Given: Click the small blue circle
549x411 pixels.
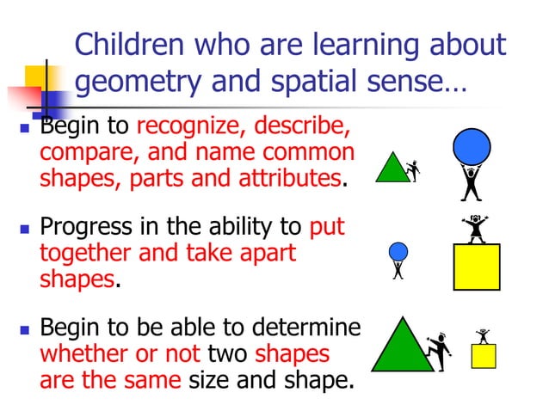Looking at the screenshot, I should click(x=398, y=251).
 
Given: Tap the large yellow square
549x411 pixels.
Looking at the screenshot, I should click(x=476, y=267).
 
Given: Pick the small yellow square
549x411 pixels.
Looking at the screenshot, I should click(x=484, y=356).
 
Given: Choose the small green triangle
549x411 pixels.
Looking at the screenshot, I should click(x=392, y=169).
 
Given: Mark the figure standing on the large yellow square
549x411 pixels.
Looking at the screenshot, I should click(x=474, y=228).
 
